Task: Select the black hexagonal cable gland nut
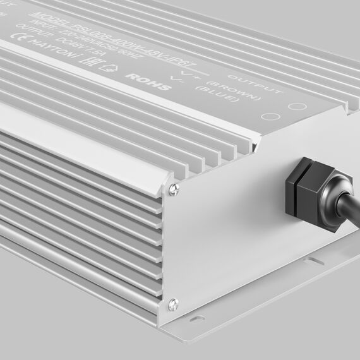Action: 303,187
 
